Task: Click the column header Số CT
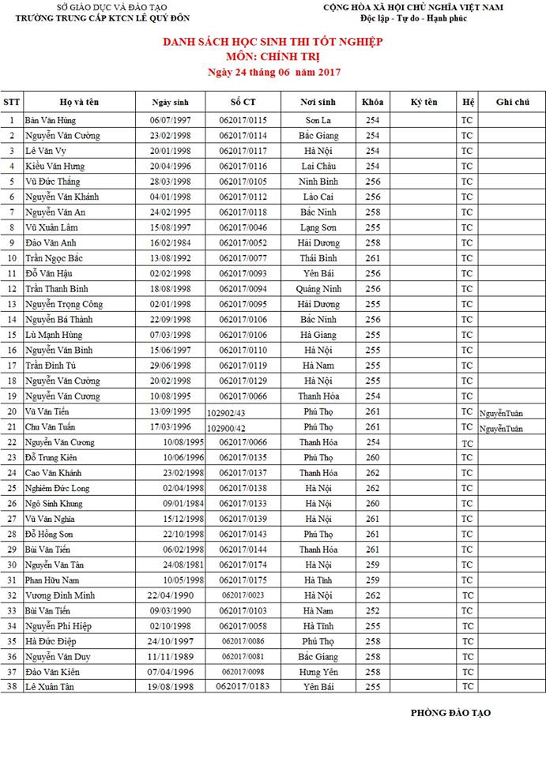tap(243, 102)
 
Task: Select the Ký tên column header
tap(424, 102)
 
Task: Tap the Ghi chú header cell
tap(511, 102)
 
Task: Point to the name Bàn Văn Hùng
tap(50, 120)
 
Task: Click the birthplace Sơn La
tap(318, 120)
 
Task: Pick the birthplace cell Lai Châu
tap(318, 167)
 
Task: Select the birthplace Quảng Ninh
tap(318, 289)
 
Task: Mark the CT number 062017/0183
tap(243, 687)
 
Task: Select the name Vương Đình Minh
tap(60, 595)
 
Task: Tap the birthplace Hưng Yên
tap(318, 672)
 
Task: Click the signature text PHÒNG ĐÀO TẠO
tap(450, 713)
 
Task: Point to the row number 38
tap(12, 687)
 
